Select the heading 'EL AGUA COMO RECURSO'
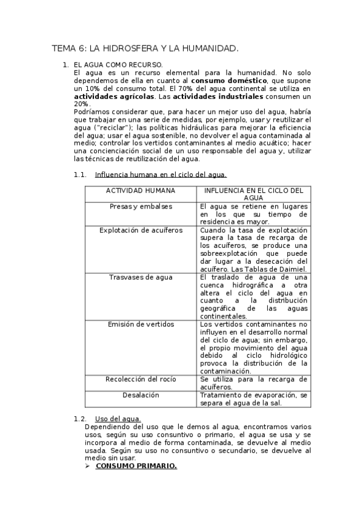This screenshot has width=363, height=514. click(118, 64)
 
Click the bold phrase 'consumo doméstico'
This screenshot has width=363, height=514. click(229, 80)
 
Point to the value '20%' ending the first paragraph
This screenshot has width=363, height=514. click(82, 104)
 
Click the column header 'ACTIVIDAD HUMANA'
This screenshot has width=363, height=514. click(141, 190)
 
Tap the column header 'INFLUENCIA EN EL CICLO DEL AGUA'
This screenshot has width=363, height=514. click(253, 194)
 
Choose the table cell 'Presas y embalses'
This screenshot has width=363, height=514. click(141, 207)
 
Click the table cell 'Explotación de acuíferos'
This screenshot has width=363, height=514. click(141, 230)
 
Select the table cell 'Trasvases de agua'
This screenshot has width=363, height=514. click(141, 277)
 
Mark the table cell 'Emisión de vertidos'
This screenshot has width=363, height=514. click(141, 324)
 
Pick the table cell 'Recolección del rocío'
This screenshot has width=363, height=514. click(141, 379)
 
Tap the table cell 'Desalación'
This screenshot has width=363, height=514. click(141, 395)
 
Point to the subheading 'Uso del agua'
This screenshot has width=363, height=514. click(118, 419)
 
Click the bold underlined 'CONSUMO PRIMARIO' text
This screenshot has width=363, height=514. click(136, 466)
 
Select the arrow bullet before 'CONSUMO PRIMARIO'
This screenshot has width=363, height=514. click(88, 466)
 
